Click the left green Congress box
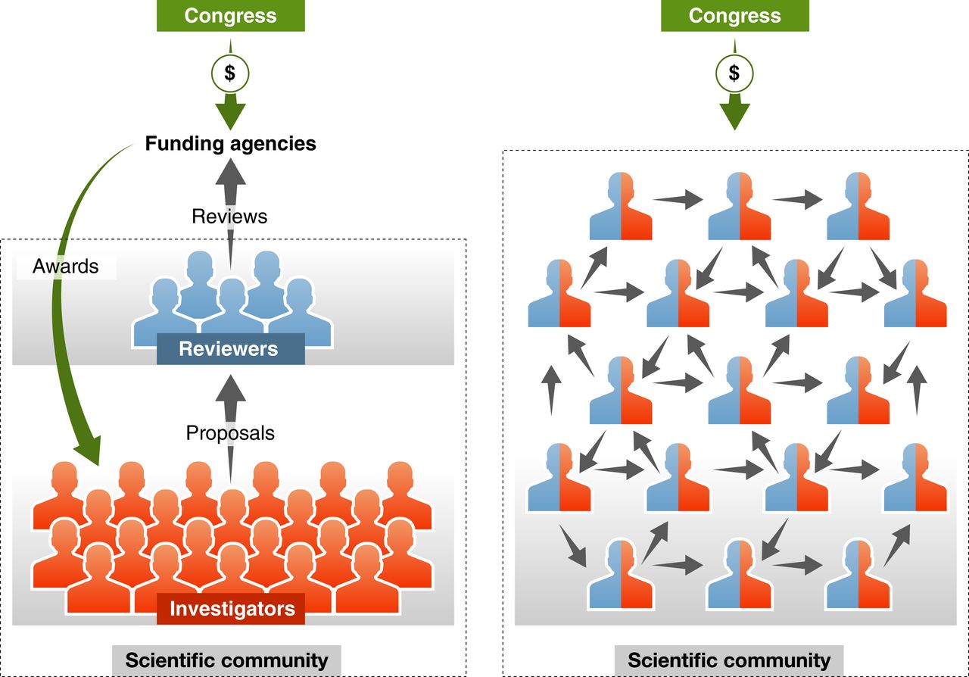click(230, 15)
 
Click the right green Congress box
click(734, 15)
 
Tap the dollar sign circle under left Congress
click(230, 73)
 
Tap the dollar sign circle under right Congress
click(734, 73)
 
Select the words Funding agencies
click(230, 143)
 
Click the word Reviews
click(229, 217)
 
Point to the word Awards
click(66, 267)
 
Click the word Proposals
click(230, 433)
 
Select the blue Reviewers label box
click(230, 349)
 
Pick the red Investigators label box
click(231, 609)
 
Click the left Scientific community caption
click(226, 660)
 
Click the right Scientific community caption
click(729, 660)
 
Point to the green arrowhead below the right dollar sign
click(734, 114)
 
